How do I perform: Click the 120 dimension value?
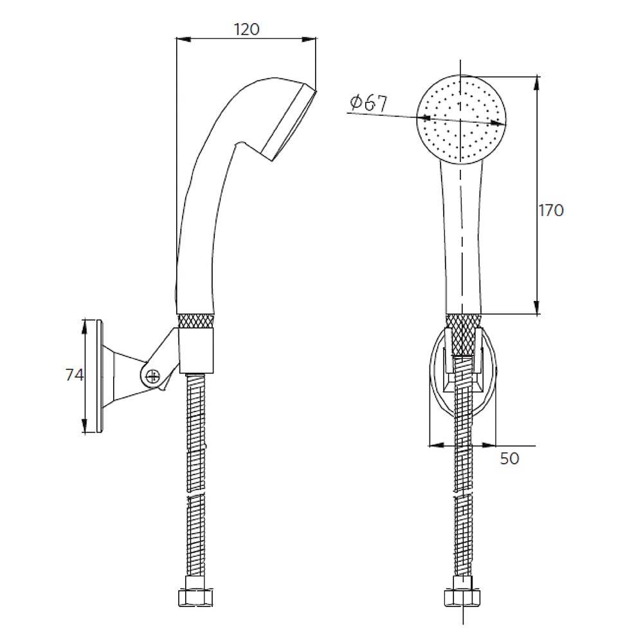[246, 29]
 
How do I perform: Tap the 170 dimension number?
[551, 210]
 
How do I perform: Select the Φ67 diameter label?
[368, 103]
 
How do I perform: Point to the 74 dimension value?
[74, 375]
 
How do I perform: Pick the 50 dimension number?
[509, 458]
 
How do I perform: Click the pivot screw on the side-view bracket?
[152, 376]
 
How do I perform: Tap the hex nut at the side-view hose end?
[195, 598]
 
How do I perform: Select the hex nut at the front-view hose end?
[462, 598]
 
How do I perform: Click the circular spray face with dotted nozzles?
[461, 120]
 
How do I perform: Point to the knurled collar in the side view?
[196, 321]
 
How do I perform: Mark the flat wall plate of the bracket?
[99, 376]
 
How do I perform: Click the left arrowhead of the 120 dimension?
[183, 39]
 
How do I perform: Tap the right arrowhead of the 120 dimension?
[309, 39]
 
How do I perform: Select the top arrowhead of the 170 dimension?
[537, 83]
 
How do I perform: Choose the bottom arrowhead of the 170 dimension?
[537, 307]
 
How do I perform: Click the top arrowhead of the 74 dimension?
[84, 327]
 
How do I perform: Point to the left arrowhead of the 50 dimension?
[437, 446]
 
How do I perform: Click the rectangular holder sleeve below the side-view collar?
[196, 350]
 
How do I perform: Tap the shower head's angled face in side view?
[289, 123]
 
